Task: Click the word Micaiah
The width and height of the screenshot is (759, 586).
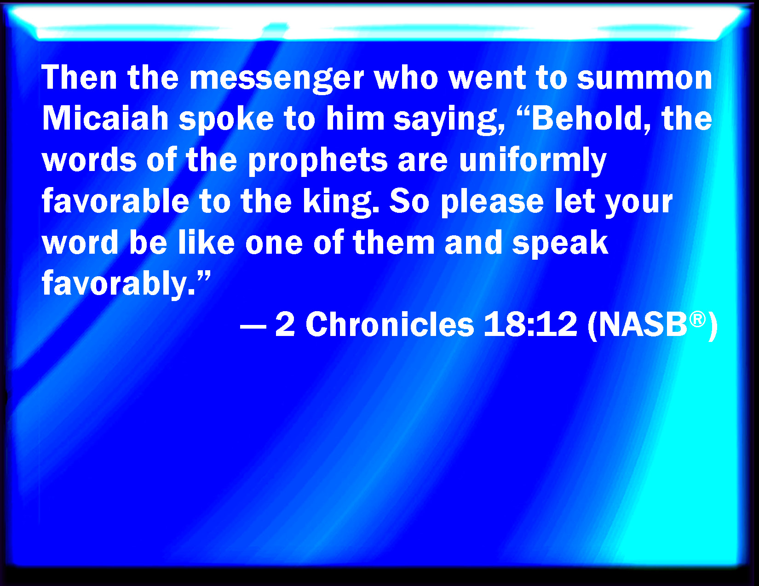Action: [x=105, y=118]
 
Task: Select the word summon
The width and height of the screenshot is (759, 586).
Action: [x=644, y=78]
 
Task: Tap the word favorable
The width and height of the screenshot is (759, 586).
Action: [x=115, y=201]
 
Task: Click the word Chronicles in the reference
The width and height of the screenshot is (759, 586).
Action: [x=390, y=324]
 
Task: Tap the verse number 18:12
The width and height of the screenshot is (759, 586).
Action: [x=530, y=324]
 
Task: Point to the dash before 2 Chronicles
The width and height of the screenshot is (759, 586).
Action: [x=253, y=329]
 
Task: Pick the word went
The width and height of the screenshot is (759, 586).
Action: [x=487, y=79]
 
